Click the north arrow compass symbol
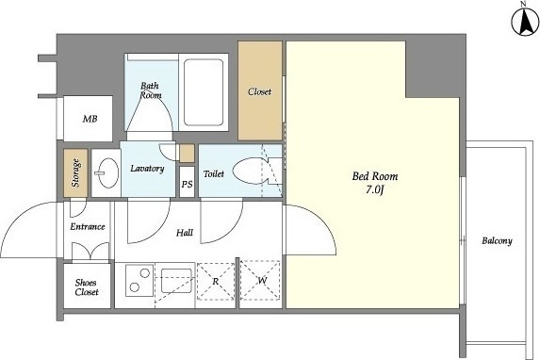(x=525, y=22)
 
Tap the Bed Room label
(x=375, y=176)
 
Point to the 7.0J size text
(x=375, y=189)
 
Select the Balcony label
(x=497, y=241)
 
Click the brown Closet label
(x=260, y=91)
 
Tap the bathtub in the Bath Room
(x=204, y=92)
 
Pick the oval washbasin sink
(x=106, y=173)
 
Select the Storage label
(x=75, y=173)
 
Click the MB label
(x=90, y=119)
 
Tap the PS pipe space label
(x=187, y=185)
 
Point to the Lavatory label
(x=147, y=169)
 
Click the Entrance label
(x=88, y=227)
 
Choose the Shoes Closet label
(x=87, y=287)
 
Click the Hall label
(x=185, y=233)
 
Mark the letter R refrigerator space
(x=216, y=282)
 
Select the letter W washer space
(x=262, y=281)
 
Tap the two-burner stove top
(x=139, y=281)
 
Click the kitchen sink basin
(x=176, y=281)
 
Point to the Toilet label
(x=214, y=174)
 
